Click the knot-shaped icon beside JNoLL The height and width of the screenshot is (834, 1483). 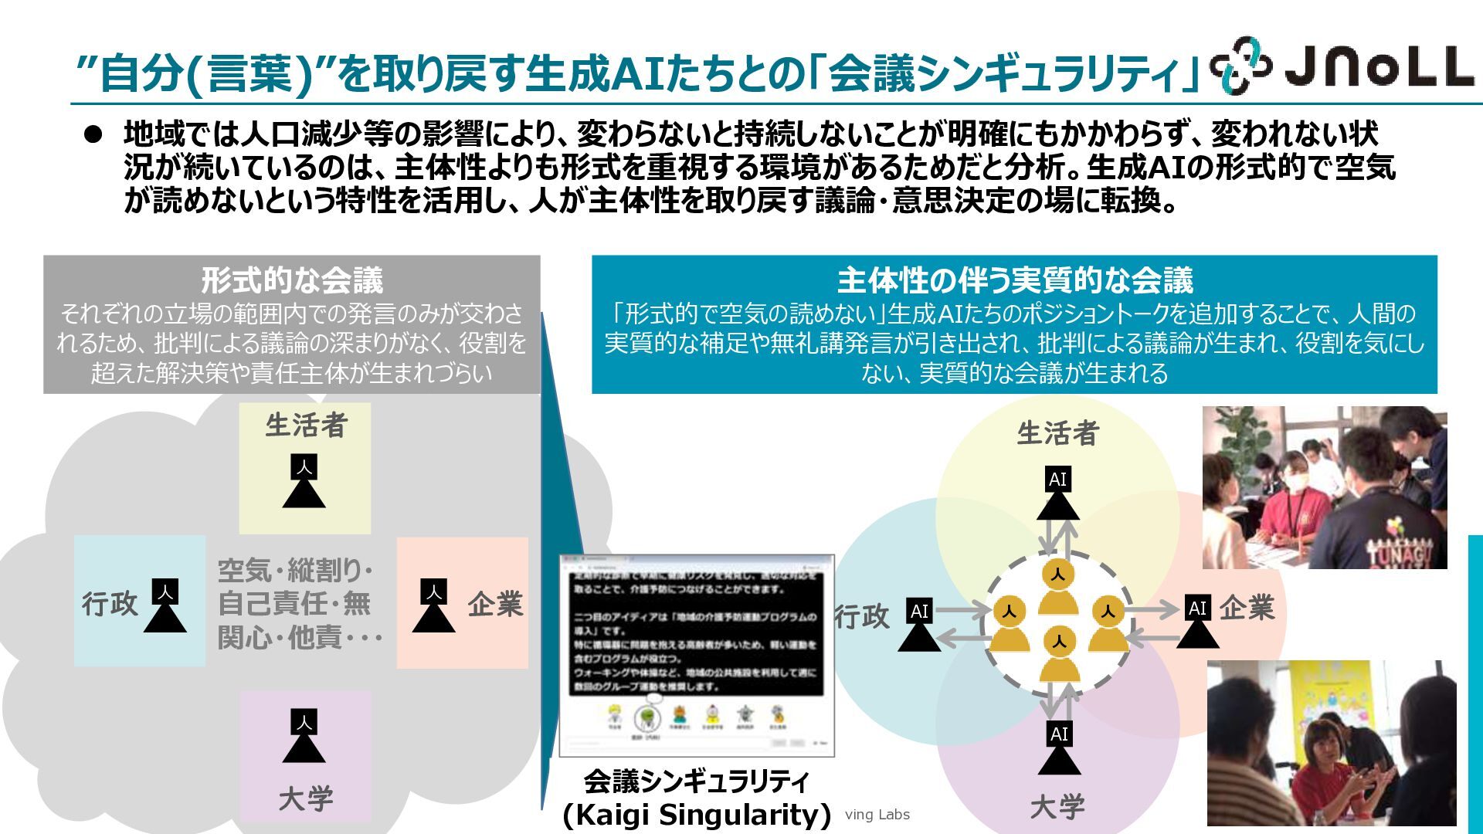[1240, 65]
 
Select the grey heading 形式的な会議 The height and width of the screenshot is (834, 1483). [292, 280]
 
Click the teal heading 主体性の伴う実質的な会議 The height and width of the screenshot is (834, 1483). [1014, 280]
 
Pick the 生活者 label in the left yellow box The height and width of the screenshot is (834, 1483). [306, 425]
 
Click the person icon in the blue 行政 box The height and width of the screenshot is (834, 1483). [165, 605]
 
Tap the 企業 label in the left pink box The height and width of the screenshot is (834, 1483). [495, 604]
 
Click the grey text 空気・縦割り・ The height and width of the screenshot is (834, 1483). [296, 571]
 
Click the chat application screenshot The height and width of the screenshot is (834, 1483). [697, 655]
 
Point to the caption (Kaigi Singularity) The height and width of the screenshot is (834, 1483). [697, 815]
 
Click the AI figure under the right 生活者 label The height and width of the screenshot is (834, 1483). [1057, 494]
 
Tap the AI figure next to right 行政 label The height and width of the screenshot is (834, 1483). [919, 625]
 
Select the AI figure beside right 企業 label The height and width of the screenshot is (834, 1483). [1197, 622]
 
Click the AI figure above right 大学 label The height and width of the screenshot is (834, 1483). [1059, 748]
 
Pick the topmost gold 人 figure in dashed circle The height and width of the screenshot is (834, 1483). [1057, 587]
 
